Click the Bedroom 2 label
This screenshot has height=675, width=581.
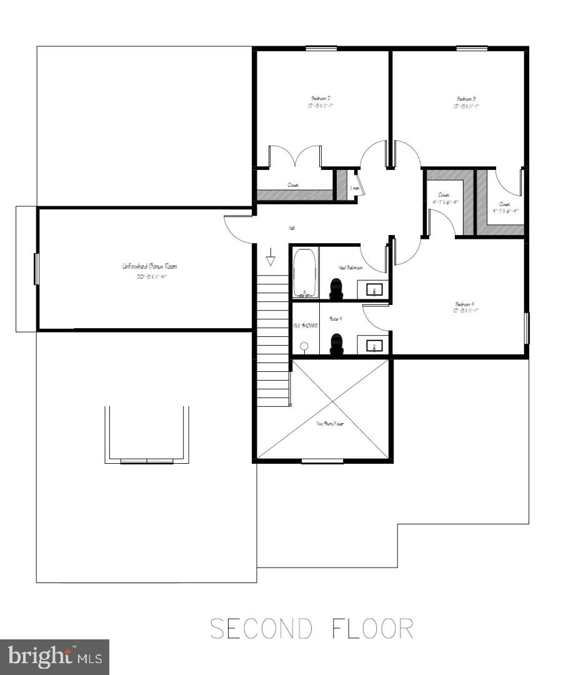pyautogui.click(x=320, y=98)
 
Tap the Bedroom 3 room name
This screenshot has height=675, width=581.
pyautogui.click(x=466, y=98)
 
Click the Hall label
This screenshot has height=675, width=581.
pyautogui.click(x=291, y=228)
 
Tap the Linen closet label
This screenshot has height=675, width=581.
pyautogui.click(x=354, y=188)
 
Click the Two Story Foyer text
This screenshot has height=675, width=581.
pyautogui.click(x=330, y=424)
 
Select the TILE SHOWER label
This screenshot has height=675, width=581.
pyautogui.click(x=305, y=326)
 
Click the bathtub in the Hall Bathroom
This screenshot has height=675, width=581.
pyautogui.click(x=305, y=273)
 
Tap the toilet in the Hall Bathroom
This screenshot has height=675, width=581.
pyautogui.click(x=337, y=288)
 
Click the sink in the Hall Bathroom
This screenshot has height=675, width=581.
pyautogui.click(x=374, y=289)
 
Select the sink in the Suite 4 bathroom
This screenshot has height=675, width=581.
pyautogui.click(x=374, y=345)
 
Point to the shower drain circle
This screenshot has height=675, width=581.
pyautogui.click(x=304, y=346)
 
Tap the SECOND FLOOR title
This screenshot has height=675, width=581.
pyautogui.click(x=311, y=628)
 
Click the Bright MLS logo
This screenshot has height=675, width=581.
pyautogui.click(x=54, y=657)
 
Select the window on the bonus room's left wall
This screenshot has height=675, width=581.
pyautogui.click(x=36, y=269)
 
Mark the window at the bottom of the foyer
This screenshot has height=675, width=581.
pyautogui.click(x=322, y=461)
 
